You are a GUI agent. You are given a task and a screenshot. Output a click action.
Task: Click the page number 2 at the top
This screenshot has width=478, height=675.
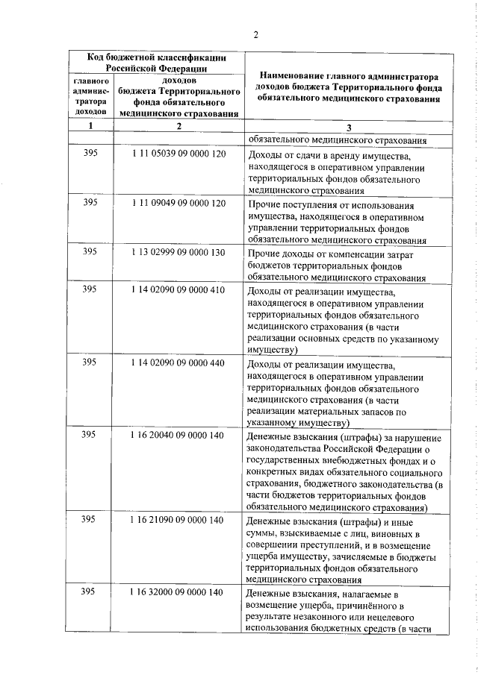click(x=255, y=35)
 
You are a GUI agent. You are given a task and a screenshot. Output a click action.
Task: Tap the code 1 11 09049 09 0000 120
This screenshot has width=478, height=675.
click(x=178, y=203)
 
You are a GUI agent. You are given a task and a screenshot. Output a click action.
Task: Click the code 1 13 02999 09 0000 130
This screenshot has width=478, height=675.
click(x=178, y=252)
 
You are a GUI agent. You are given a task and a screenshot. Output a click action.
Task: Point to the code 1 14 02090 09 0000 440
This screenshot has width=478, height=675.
click(x=178, y=362)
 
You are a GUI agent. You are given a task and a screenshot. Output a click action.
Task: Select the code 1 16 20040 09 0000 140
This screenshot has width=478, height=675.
click(x=178, y=435)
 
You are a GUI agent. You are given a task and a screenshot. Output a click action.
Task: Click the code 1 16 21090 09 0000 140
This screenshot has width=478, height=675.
click(x=178, y=520)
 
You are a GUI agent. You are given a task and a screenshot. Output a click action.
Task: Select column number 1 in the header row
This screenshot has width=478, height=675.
click(x=90, y=126)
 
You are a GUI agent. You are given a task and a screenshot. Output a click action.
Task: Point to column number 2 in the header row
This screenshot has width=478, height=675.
click(x=179, y=126)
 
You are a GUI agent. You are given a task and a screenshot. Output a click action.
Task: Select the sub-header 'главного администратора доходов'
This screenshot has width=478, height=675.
click(x=90, y=95)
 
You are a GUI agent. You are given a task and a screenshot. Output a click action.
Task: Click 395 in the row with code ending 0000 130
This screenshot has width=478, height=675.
click(x=90, y=252)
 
